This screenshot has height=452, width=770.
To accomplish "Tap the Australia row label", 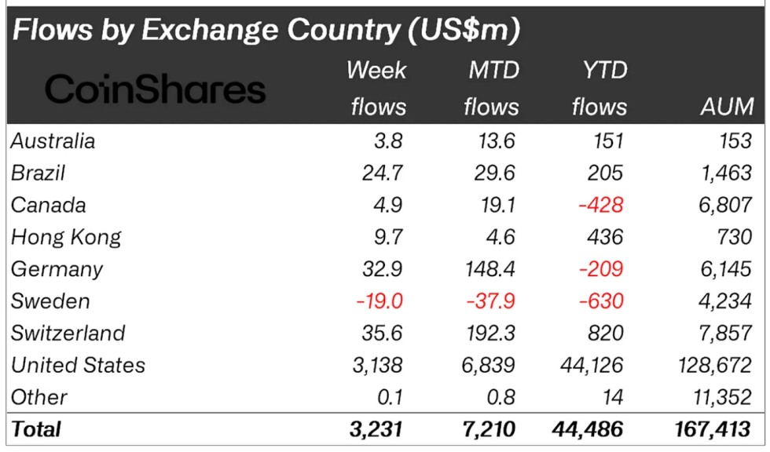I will tap(53, 141).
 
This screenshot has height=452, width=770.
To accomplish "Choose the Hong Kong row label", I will tap(66, 237).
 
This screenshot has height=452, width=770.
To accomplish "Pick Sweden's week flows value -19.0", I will tap(379, 301).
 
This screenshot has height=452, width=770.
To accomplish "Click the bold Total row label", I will tap(35, 429).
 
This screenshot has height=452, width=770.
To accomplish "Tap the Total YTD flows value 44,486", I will tap(588, 429).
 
